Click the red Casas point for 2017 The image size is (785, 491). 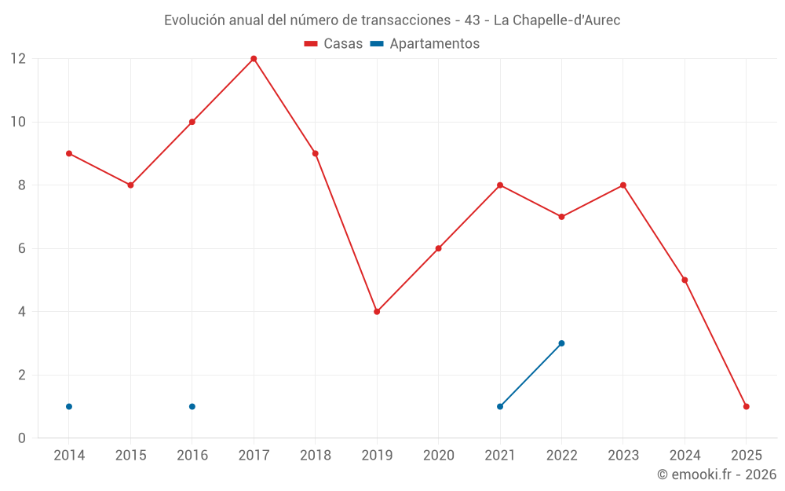coord(254,59)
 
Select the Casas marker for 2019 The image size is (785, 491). coord(377,312)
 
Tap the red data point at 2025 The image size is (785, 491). coord(747,407)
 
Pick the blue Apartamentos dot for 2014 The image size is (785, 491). coord(69,407)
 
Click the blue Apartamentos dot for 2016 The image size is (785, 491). coord(192,407)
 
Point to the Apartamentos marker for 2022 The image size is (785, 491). coord(561,343)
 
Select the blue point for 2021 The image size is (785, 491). coord(500,407)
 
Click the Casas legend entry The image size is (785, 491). coord(334,44)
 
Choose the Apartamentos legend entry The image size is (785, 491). coord(425,44)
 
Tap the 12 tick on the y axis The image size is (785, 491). coord(18,59)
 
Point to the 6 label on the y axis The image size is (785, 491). coord(22,248)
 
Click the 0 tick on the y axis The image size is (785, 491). coord(22,438)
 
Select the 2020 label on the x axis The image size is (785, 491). coord(438,456)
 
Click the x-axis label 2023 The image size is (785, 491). coord(623,456)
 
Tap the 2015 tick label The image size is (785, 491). coord(130,456)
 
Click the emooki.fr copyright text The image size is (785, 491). coord(716,475)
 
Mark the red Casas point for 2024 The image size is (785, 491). coord(685,280)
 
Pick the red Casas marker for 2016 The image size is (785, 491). coord(192,123)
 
